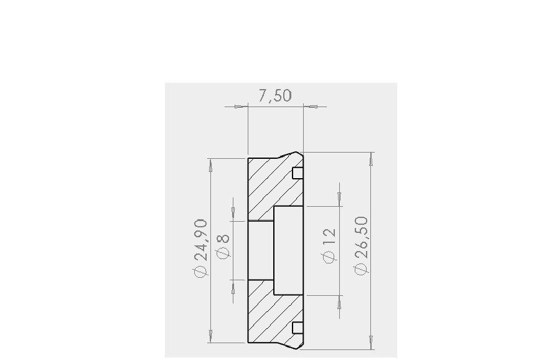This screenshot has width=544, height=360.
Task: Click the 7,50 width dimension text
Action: [x=274, y=95]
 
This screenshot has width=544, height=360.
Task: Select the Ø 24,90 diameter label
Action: [x=200, y=249]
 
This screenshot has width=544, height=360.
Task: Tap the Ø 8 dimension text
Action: [x=223, y=245]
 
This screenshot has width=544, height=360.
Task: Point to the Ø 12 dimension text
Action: [x=329, y=245]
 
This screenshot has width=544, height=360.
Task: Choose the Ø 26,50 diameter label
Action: [x=360, y=245]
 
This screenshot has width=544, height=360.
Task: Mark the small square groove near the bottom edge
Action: [x=298, y=328]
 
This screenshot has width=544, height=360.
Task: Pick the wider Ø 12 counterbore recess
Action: [x=288, y=250]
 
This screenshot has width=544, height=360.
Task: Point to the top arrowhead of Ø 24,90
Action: [x=210, y=166]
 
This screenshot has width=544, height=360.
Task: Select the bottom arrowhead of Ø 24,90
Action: [x=210, y=335]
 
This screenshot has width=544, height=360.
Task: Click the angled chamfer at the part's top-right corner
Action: [x=287, y=154]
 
